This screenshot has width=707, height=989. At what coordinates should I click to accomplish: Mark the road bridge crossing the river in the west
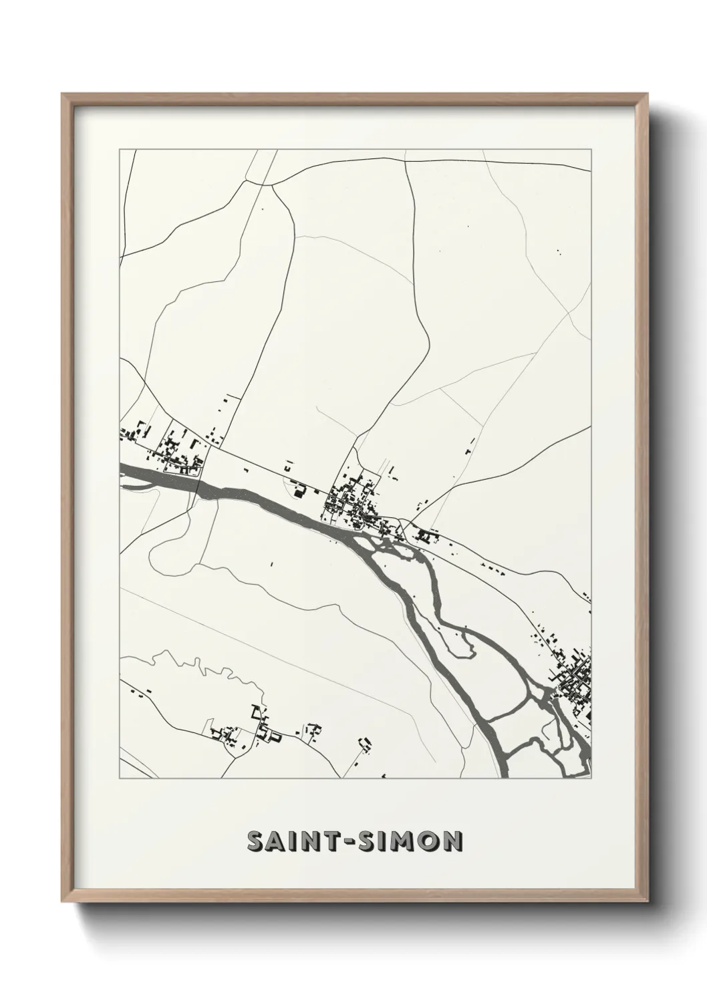coord(198,478)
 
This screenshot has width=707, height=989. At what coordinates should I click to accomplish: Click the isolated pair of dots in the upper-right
coord(558,252)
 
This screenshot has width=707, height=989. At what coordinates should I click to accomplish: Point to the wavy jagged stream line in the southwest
coord(200,665)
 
